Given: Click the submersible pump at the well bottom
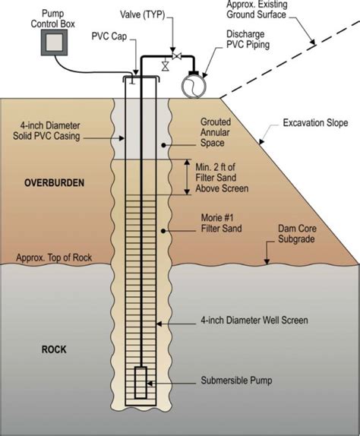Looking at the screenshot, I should (141, 383).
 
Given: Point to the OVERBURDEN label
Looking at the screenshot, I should (52, 183).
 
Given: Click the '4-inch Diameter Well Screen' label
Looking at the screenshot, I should (251, 321).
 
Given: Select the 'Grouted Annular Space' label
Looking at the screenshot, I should (220, 131).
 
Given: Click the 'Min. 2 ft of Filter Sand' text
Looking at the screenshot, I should (221, 176).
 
